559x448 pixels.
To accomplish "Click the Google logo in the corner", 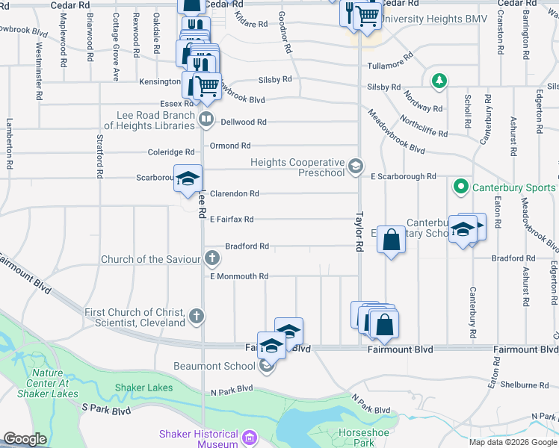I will pos(25,439).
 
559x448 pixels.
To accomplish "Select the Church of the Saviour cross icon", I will pos(212,259).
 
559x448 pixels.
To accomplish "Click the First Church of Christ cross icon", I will pos(197,317).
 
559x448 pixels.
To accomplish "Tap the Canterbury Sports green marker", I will pos(461,187).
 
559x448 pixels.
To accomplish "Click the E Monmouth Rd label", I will pos(239,276).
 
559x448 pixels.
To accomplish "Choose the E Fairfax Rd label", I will pos(232,220).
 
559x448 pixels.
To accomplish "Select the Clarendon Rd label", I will pos(234,193).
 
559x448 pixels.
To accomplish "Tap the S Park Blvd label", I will pos(106,409).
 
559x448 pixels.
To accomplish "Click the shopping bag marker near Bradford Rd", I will pos(391,240).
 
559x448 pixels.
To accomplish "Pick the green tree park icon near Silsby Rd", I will pos(441,79).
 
